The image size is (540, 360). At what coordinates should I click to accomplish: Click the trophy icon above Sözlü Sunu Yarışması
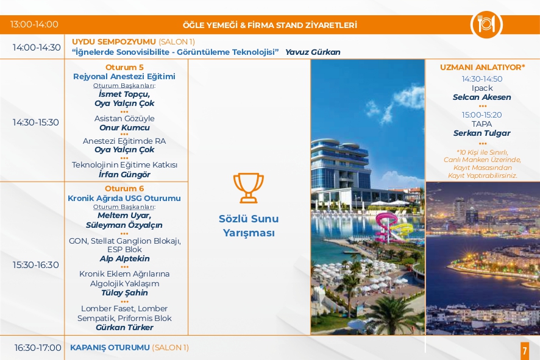click(248, 188)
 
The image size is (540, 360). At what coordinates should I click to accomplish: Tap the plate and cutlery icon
click(486, 24)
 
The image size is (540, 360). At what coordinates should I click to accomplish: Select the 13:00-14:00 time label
click(34, 24)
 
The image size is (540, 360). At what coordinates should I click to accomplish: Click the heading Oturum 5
click(124, 67)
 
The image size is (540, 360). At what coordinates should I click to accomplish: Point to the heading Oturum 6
click(124, 189)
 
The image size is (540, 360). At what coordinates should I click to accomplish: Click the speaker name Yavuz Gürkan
click(313, 52)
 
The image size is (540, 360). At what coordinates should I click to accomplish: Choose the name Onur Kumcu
click(124, 128)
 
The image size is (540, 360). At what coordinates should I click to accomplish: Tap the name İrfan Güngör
click(124, 174)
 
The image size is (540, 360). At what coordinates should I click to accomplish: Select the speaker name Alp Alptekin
click(124, 258)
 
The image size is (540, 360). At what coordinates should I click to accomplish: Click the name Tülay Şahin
click(124, 293)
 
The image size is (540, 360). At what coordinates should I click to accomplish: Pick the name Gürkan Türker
click(124, 327)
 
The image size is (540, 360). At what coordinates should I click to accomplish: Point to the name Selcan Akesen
click(482, 97)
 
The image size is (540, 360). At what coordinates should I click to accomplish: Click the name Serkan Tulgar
click(482, 133)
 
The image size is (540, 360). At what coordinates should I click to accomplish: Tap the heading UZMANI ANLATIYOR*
click(482, 68)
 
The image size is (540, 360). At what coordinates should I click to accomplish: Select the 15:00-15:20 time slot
click(482, 115)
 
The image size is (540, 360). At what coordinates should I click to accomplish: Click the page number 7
click(525, 351)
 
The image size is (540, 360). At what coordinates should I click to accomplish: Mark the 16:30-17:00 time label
click(38, 348)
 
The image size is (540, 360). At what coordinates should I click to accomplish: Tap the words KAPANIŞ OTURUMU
click(110, 348)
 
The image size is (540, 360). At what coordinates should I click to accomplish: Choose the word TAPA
click(482, 124)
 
